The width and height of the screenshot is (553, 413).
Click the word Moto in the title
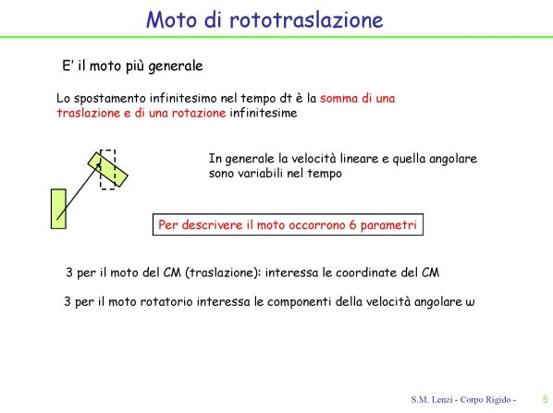171,19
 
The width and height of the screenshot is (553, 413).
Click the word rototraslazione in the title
306,19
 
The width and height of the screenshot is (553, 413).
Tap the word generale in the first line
176,67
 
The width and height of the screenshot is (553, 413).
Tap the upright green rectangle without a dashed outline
58,209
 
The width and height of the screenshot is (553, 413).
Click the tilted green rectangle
108,169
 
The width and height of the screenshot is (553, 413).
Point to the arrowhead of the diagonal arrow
100,164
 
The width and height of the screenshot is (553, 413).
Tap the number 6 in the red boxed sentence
352,225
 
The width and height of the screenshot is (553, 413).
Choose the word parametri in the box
388,225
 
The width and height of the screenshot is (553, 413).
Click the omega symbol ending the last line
470,302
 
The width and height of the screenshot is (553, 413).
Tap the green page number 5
546,400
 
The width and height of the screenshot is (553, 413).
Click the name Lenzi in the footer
442,400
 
